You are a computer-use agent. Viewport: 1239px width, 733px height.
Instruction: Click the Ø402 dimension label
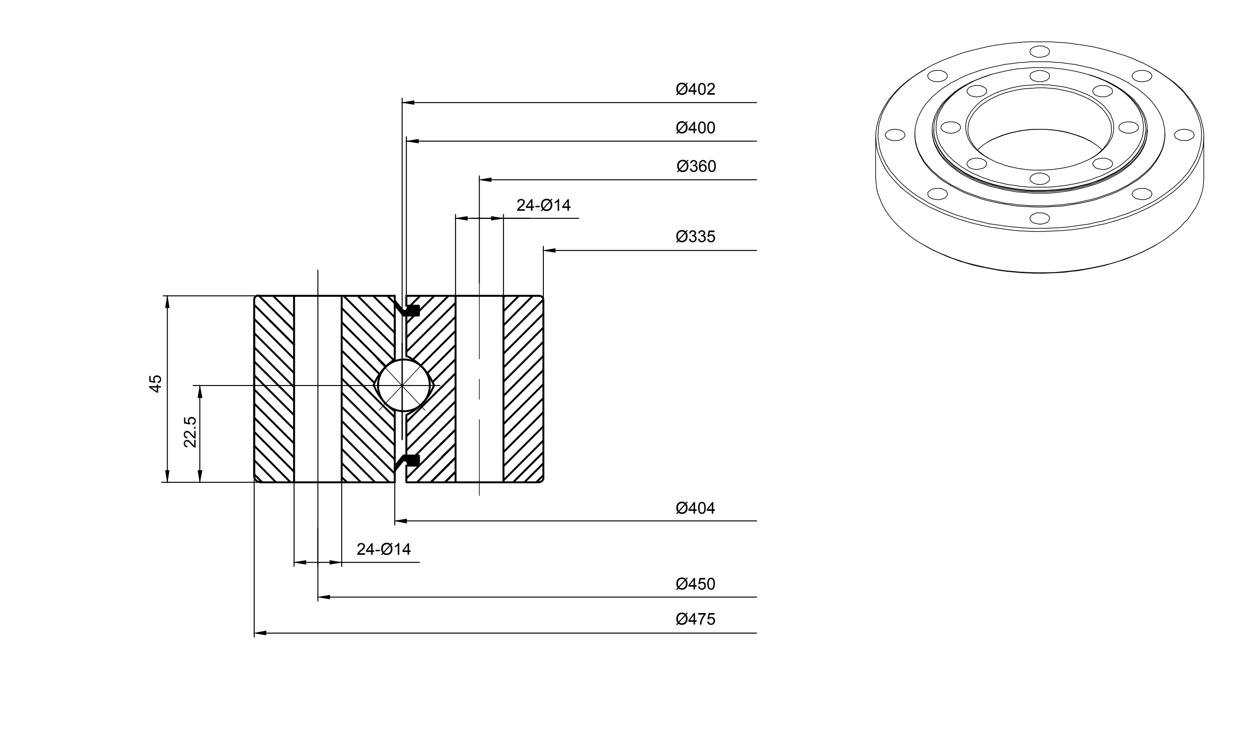tap(695, 90)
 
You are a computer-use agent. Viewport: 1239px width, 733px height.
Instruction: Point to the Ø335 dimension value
tap(695, 237)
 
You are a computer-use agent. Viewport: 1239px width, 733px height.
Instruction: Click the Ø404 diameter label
tap(695, 508)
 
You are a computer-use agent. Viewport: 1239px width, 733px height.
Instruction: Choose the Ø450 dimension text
tap(695, 584)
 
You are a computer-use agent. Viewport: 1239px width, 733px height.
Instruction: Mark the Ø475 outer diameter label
tap(695, 619)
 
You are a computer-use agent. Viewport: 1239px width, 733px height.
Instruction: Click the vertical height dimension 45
tap(156, 384)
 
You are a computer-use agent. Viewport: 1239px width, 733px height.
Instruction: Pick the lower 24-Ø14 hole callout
tap(384, 549)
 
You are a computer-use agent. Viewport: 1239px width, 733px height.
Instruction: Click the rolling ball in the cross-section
tap(404, 385)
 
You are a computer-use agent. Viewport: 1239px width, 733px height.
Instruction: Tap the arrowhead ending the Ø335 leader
tap(549, 251)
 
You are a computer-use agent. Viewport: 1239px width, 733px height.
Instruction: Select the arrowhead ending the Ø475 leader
tap(260, 633)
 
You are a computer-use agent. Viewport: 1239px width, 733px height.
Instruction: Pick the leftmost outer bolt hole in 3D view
tap(895, 135)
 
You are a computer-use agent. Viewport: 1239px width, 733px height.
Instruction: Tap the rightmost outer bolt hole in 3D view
tap(1184, 135)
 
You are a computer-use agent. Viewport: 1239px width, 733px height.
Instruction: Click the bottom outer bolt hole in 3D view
tap(1039, 218)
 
